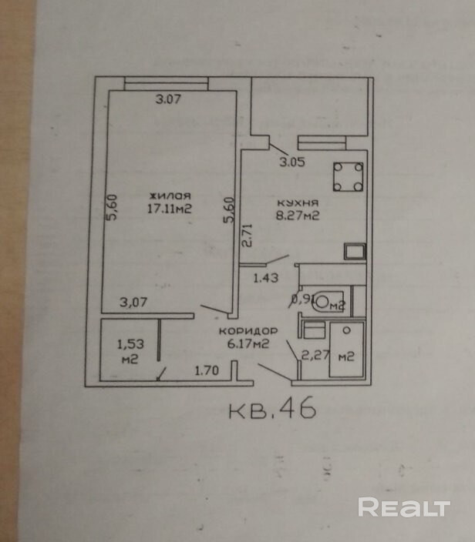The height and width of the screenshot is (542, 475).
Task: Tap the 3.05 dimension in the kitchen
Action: [x=291, y=162]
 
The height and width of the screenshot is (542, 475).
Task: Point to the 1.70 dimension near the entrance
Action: [x=207, y=371]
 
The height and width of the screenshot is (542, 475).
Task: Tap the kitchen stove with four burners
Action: [x=348, y=177]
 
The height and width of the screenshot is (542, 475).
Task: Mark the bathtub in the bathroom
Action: [x=346, y=350]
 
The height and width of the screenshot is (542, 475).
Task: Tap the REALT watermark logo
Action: [x=404, y=507]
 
